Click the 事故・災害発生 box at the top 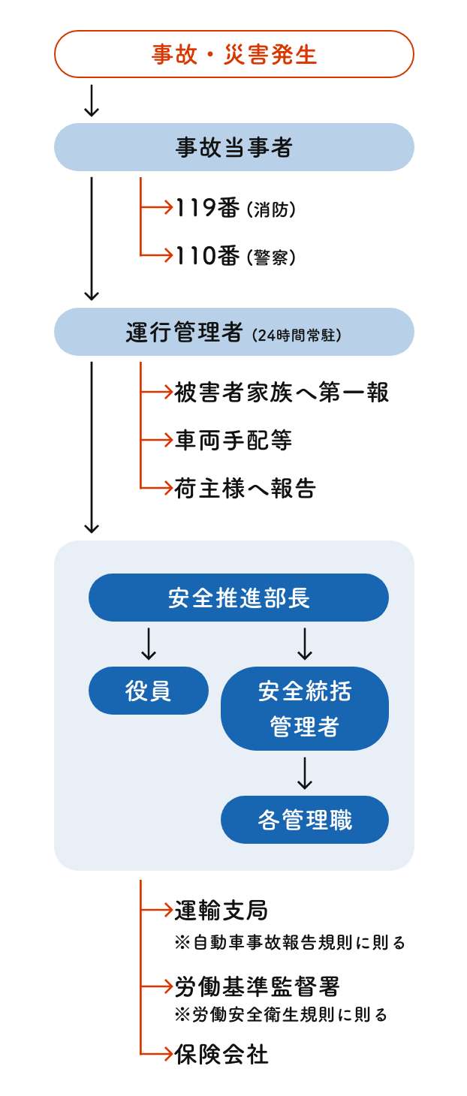pyautogui.click(x=234, y=55)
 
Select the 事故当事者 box pyautogui.click(x=234, y=147)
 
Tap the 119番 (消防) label pyautogui.click(x=235, y=209)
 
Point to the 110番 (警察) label pyautogui.click(x=235, y=257)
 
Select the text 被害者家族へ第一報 pyautogui.click(x=282, y=392)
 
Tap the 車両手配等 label pyautogui.click(x=234, y=441)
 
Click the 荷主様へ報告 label pyautogui.click(x=246, y=489)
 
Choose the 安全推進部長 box pyautogui.click(x=239, y=598)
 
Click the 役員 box pyautogui.click(x=149, y=691)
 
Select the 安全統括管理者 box pyautogui.click(x=304, y=709)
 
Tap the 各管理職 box pyautogui.click(x=304, y=820)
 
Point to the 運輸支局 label pyautogui.click(x=221, y=911)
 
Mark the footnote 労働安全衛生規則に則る pyautogui.click(x=281, y=1015)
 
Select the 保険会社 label pyautogui.click(x=221, y=1054)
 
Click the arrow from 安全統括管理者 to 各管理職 pyautogui.click(x=304, y=773)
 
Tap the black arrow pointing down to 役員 pyautogui.click(x=149, y=643)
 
